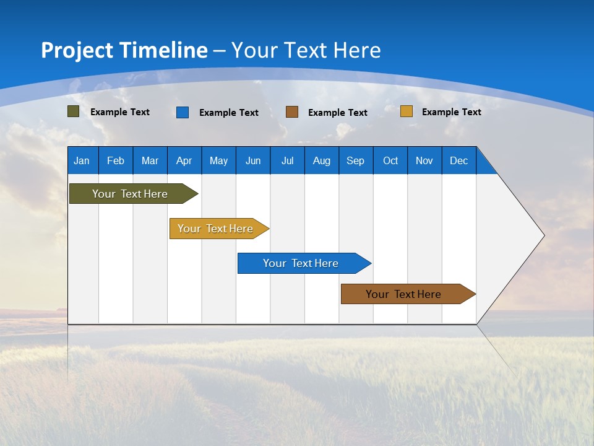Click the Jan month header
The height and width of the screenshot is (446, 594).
pyautogui.click(x=82, y=160)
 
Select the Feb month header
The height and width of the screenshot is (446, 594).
pyautogui.click(x=116, y=160)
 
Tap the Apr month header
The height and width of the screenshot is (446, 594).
pyautogui.click(x=184, y=160)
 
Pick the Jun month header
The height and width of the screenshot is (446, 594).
pyautogui.click(x=253, y=160)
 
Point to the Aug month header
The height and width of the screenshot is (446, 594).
pyautogui.click(x=322, y=160)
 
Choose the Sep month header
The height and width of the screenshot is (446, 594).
pyautogui.click(x=356, y=160)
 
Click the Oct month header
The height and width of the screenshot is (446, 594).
pyautogui.click(x=390, y=160)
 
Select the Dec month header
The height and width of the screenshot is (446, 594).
pyautogui.click(x=459, y=160)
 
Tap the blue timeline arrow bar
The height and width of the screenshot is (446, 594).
pyautogui.click(x=301, y=263)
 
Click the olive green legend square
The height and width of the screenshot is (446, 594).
pyautogui.click(x=74, y=111)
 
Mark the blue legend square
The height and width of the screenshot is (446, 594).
pyautogui.click(x=183, y=112)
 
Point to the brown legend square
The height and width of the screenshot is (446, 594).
pyautogui.click(x=292, y=112)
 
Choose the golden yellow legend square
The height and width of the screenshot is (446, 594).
pyautogui.click(x=407, y=111)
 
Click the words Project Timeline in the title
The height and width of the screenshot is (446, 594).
pyautogui.click(x=124, y=50)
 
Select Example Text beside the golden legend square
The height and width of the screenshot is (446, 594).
pyautogui.click(x=452, y=112)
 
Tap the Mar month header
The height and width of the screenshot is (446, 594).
pyautogui.click(x=150, y=160)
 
